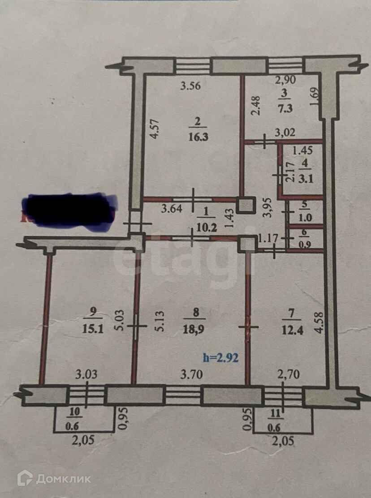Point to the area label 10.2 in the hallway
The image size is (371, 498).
[x=207, y=227]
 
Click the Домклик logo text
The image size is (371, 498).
[x=63, y=479]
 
